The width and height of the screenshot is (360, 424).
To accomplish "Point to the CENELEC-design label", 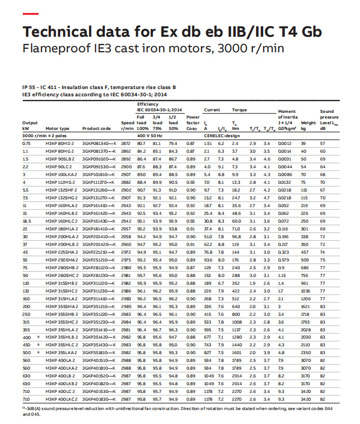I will click(x=222, y=135).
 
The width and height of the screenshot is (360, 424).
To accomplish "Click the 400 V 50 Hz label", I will click(x=150, y=135).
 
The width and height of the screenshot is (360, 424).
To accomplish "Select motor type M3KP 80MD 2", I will click(x=60, y=143).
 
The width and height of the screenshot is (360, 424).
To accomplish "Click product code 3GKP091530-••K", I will click(x=99, y=167).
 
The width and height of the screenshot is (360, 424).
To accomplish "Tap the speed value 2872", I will click(x=126, y=143).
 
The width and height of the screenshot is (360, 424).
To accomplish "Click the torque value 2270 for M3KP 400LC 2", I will click(x=236, y=392).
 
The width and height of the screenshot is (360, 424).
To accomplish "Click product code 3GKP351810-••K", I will click(x=99, y=353).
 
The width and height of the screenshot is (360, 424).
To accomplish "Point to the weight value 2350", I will click(x=308, y=353).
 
